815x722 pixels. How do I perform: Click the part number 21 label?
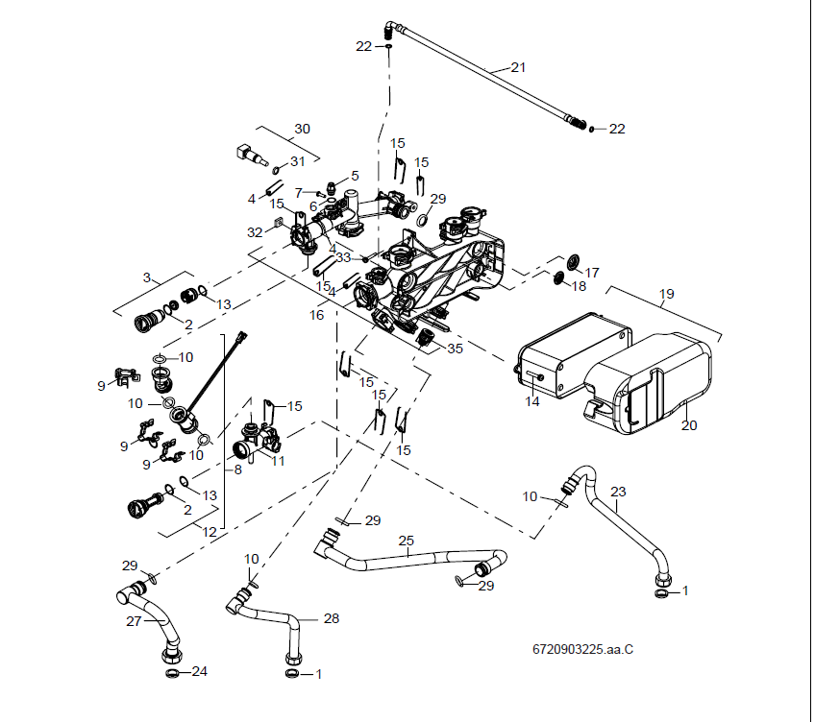pyautogui.click(x=518, y=67)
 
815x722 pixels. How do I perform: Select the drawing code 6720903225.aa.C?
pyautogui.click(x=582, y=649)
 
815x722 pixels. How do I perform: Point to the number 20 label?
pyautogui.click(x=689, y=424)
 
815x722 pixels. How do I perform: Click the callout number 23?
pyautogui.click(x=618, y=492)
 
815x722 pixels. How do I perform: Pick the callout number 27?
pyautogui.click(x=133, y=621)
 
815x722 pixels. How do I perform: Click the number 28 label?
pyautogui.click(x=331, y=618)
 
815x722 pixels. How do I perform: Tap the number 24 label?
pyautogui.click(x=199, y=671)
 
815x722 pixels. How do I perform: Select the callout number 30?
pyautogui.click(x=302, y=129)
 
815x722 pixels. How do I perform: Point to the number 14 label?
pyautogui.click(x=531, y=401)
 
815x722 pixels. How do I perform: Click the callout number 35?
pyautogui.click(x=455, y=349)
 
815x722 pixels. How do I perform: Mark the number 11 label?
pyautogui.click(x=279, y=461)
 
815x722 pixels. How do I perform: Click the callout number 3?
pyautogui.click(x=147, y=277)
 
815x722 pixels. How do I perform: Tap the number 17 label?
pyautogui.click(x=592, y=273)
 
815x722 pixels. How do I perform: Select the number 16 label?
pyautogui.click(x=316, y=315)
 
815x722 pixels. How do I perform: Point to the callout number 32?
pyautogui.click(x=254, y=232)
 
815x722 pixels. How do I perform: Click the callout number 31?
pyautogui.click(x=297, y=161)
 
